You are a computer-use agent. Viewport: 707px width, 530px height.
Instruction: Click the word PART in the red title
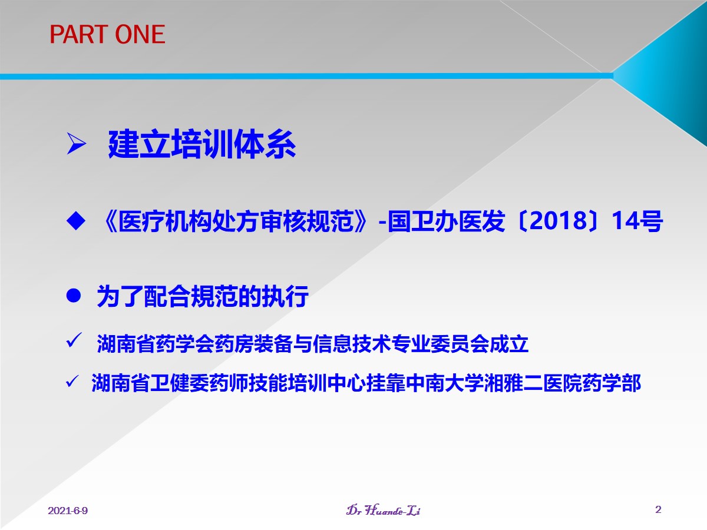pyautogui.click(x=78, y=34)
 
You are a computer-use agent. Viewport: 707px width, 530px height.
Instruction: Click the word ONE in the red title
pyautogui.click(x=140, y=34)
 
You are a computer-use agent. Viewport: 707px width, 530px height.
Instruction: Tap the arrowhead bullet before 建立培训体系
pyautogui.click(x=77, y=144)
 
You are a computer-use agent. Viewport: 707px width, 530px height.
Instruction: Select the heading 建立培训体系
pyautogui.click(x=202, y=144)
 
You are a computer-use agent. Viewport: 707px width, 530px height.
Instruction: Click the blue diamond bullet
pyautogui.click(x=75, y=221)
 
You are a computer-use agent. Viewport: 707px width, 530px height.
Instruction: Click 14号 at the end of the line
pyautogui.click(x=637, y=221)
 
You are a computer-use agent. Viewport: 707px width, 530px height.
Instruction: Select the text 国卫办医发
pyautogui.click(x=446, y=221)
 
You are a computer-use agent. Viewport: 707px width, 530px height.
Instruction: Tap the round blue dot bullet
pyautogui.click(x=74, y=296)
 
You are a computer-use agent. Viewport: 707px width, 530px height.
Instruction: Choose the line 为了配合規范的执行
pyautogui.click(x=203, y=296)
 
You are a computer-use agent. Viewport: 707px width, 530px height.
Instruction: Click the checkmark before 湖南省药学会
pyautogui.click(x=74, y=340)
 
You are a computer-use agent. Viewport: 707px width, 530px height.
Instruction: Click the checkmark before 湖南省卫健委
pyautogui.click(x=72, y=382)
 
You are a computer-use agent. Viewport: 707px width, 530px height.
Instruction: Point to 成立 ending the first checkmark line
pyautogui.click(x=509, y=344)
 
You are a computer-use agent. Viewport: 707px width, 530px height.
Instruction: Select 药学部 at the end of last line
pyautogui.click(x=612, y=383)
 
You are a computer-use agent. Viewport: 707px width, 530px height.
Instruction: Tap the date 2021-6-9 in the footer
pyautogui.click(x=68, y=511)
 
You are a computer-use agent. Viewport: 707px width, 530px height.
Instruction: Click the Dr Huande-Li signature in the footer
pyautogui.click(x=384, y=511)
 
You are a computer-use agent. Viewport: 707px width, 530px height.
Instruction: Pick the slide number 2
pyautogui.click(x=658, y=509)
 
